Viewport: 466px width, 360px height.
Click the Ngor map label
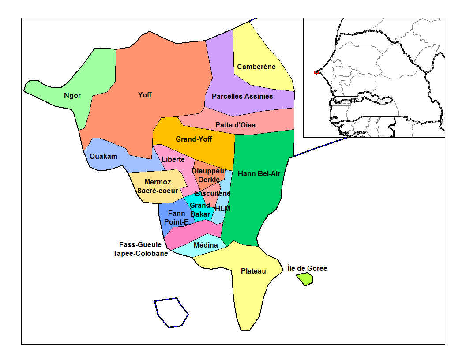[x=72, y=96]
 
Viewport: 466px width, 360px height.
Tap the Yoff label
[x=145, y=95]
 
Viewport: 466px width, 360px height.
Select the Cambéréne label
[x=256, y=67]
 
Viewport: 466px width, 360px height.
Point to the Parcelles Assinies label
[x=242, y=96]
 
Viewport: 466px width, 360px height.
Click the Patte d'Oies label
[x=235, y=125]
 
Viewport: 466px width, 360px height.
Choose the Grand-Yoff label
[x=194, y=139]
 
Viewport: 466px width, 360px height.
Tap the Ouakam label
[x=103, y=156]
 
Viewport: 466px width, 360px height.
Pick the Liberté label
[x=173, y=160]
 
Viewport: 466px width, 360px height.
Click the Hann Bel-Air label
[x=259, y=173]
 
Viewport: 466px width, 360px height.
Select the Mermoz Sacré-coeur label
[x=158, y=186]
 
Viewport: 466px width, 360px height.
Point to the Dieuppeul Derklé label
[x=209, y=175]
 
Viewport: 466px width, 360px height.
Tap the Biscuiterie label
[x=213, y=193]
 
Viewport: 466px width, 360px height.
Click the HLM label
[x=222, y=208]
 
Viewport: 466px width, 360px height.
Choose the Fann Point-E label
[x=177, y=218]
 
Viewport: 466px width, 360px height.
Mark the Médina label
[x=206, y=245]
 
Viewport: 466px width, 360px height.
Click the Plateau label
[x=253, y=271]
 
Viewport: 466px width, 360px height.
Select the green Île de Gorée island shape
[x=304, y=279]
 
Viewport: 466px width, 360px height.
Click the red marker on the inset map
[x=316, y=72]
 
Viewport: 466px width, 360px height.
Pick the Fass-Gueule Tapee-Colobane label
[x=140, y=249]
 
